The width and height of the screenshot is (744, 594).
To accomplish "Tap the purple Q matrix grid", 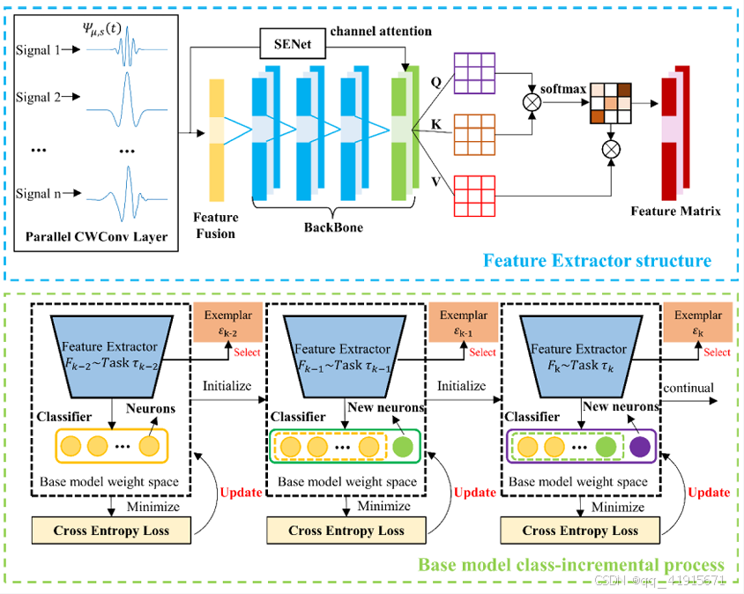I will pos(474,71).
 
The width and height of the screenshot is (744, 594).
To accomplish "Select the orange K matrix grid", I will pos(474,133).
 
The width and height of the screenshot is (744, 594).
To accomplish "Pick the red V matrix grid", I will pos(474,196).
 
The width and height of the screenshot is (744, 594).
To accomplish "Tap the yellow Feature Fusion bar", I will pos(217,138).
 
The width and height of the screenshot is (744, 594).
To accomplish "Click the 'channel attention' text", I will pos(381,32).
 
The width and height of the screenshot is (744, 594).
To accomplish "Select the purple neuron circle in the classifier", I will pos(637,447).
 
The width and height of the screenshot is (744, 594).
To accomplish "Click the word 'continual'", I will pos(688,388).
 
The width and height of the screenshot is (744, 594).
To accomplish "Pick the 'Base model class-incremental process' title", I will pos(570,565).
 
